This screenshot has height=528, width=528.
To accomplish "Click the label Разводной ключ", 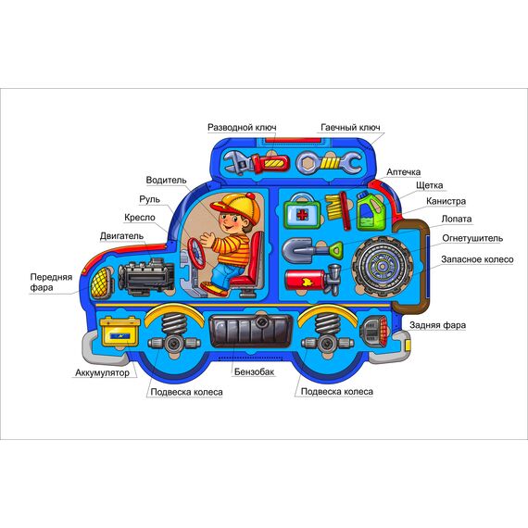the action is pyautogui.click(x=242, y=128).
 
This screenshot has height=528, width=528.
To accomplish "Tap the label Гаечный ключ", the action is pyautogui.click(x=350, y=128).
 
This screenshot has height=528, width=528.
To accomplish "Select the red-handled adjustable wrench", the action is pyautogui.click(x=257, y=163).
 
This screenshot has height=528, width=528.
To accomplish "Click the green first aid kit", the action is pyautogui.click(x=302, y=211).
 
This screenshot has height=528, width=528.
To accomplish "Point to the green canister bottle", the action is pyautogui.click(x=371, y=210).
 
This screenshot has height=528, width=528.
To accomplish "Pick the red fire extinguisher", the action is pyautogui.click(x=313, y=280).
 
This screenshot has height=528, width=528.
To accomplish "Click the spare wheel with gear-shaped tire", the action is pyautogui.click(x=383, y=267).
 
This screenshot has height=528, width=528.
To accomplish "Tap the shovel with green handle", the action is pyautogui.click(x=312, y=250).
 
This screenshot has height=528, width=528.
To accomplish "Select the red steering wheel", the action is pyautogui.click(x=197, y=253).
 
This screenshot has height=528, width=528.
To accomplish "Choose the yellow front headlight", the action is pyautogui.click(x=101, y=283).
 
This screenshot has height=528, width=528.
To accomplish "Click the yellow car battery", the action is pyautogui.click(x=119, y=331).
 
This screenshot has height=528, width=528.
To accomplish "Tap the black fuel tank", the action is pyautogui.click(x=251, y=330).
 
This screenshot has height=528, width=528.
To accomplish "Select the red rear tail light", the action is pyautogui.click(x=375, y=330).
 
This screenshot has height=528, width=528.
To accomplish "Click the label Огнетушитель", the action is pyautogui.click(x=472, y=238).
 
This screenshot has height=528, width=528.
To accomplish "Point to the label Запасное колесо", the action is pyautogui.click(x=477, y=259).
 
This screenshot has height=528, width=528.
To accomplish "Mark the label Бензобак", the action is pyautogui.click(x=254, y=371).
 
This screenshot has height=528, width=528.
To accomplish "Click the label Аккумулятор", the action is pyautogui.click(x=102, y=372).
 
